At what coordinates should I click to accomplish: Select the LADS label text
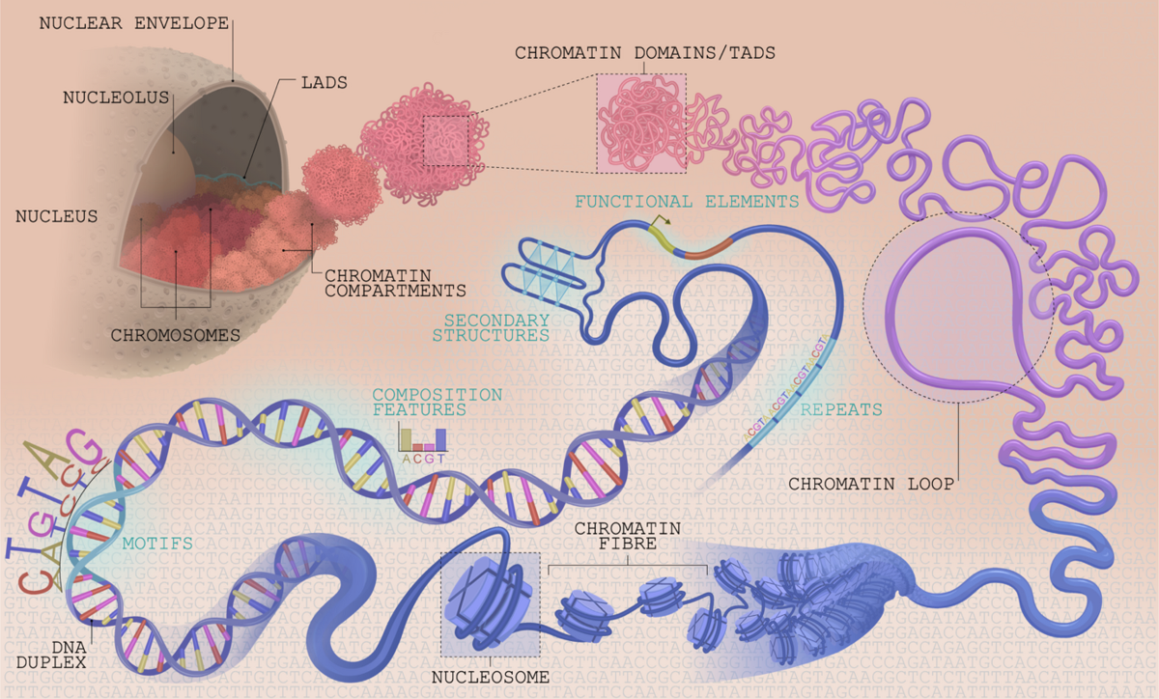point(324,83)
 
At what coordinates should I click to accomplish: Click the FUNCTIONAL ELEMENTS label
point(687,202)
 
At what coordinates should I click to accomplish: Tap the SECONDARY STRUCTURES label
point(491,327)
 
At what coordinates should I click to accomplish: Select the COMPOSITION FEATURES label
point(437,403)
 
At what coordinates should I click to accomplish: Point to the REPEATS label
point(841,409)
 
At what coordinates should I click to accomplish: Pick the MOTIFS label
point(157,544)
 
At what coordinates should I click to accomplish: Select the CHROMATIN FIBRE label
point(628,537)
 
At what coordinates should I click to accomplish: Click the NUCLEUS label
point(56,216)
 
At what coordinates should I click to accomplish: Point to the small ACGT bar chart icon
point(423,440)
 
